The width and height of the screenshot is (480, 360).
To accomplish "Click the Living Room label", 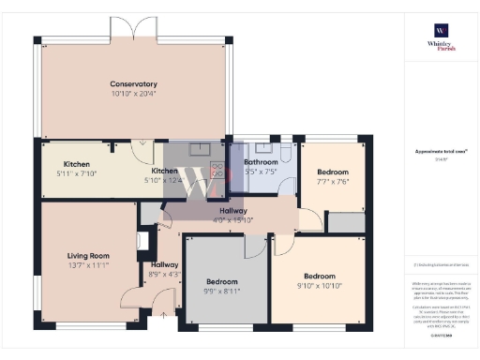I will [88, 255].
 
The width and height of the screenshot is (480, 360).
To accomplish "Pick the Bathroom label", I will [261, 162].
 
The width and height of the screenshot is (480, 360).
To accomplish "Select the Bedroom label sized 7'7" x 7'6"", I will [332, 172].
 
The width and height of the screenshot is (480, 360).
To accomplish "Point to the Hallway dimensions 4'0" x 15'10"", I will [233, 220].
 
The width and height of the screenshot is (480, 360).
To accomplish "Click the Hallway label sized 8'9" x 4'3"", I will [164, 264].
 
